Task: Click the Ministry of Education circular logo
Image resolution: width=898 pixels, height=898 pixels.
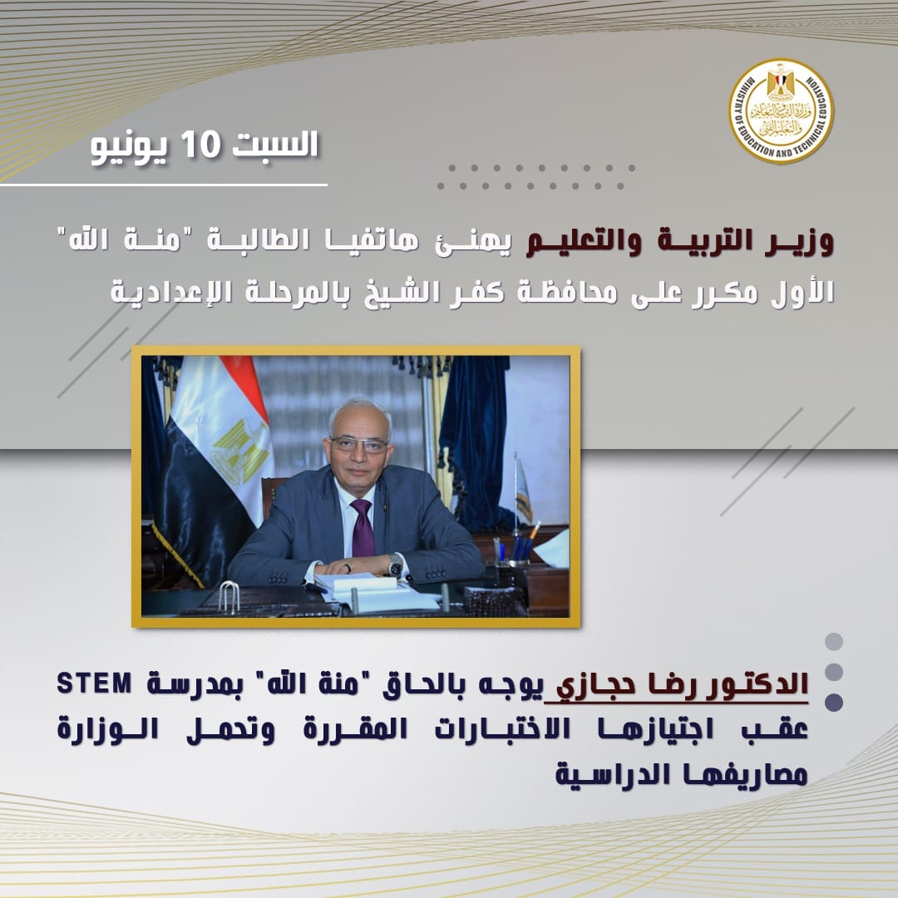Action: pyautogui.click(x=781, y=111)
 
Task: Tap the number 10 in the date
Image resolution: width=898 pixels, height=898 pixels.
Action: pyautogui.click(x=200, y=145)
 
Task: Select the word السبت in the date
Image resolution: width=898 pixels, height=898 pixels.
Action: pyautogui.click(x=275, y=144)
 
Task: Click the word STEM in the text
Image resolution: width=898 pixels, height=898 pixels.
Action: pyautogui.click(x=95, y=683)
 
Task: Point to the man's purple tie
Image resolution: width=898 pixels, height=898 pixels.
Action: pyautogui.click(x=362, y=527)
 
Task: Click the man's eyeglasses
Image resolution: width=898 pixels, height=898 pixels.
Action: pyautogui.click(x=358, y=444)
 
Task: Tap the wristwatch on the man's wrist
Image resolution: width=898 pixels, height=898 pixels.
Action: pyautogui.click(x=396, y=566)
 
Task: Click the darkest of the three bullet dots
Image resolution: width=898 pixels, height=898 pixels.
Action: pyautogui.click(x=834, y=702)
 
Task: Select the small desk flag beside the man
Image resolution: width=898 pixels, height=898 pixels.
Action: pyautogui.click(x=521, y=486)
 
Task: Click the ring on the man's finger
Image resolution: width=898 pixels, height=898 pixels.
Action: pyautogui.click(x=348, y=568)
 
